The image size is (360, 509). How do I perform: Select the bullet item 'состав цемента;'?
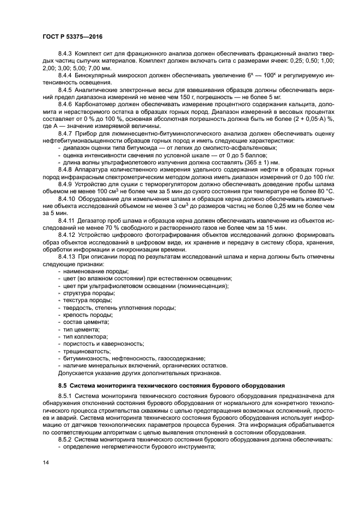tap(87, 322)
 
